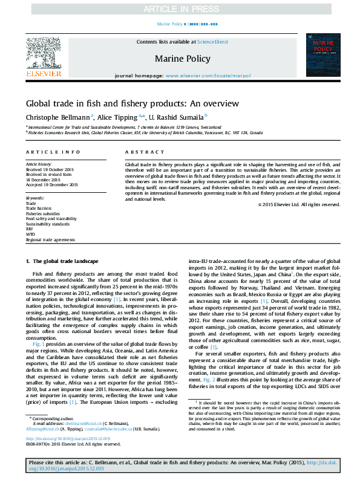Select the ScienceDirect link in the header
point(209,42)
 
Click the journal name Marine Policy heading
point(183,59)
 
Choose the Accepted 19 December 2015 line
point(51,184)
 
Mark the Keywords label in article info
point(35,198)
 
